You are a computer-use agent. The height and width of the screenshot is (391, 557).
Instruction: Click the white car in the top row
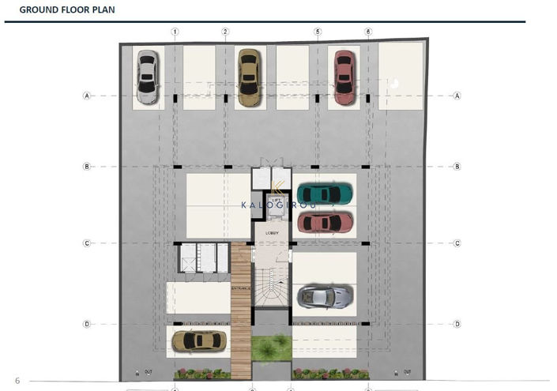point(147,77)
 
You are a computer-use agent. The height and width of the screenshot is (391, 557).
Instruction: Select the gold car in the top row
point(248,77)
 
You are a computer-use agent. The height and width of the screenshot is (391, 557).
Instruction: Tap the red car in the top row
point(344,77)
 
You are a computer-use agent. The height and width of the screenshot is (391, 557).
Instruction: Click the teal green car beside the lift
point(325,193)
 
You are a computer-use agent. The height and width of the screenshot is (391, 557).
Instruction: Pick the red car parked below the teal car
point(325,223)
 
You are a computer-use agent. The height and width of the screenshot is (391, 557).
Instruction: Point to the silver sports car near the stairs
point(324,297)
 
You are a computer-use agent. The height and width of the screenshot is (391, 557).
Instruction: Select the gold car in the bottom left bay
point(198,340)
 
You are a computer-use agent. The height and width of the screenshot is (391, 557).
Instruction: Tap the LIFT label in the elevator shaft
point(277,200)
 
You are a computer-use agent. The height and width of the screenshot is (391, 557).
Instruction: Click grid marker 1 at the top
point(175,32)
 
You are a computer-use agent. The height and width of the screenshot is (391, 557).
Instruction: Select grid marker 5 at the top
point(318,32)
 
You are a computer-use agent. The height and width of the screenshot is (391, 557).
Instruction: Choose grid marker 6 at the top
point(368,32)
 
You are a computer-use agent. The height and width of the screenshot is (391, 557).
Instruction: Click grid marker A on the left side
point(87,96)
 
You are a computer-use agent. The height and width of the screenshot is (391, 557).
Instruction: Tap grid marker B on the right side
point(457,167)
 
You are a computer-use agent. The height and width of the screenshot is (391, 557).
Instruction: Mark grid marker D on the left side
point(87,324)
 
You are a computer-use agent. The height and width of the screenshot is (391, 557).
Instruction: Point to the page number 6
point(17,381)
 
